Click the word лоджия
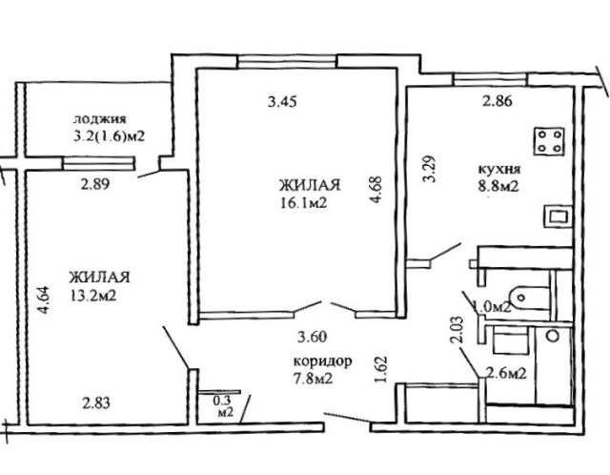pyautogui.click(x=100, y=119)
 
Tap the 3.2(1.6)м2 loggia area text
pyautogui.click(x=110, y=136)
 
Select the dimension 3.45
pyautogui.click(x=282, y=102)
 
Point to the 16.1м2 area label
pyautogui.click(x=303, y=203)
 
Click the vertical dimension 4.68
pyautogui.click(x=376, y=190)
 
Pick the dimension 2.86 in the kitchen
pyautogui.click(x=498, y=101)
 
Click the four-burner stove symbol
pyautogui.click(x=549, y=141)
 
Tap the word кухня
pyautogui.click(x=499, y=170)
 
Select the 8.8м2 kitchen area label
pyautogui.click(x=498, y=187)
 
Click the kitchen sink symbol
pyautogui.click(x=559, y=217)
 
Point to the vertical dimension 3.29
pyautogui.click(x=430, y=169)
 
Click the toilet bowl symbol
pyautogui.click(x=530, y=299)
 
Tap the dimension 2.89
pyautogui.click(x=95, y=184)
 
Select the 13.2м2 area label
pyautogui.click(x=93, y=297)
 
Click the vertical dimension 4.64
pyautogui.click(x=44, y=300)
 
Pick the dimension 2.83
pyautogui.click(x=96, y=403)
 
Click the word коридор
pyautogui.click(x=322, y=361)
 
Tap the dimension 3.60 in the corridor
pyautogui.click(x=312, y=337)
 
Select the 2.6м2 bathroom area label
pyautogui.click(x=506, y=374)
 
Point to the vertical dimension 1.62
pyautogui.click(x=382, y=369)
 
